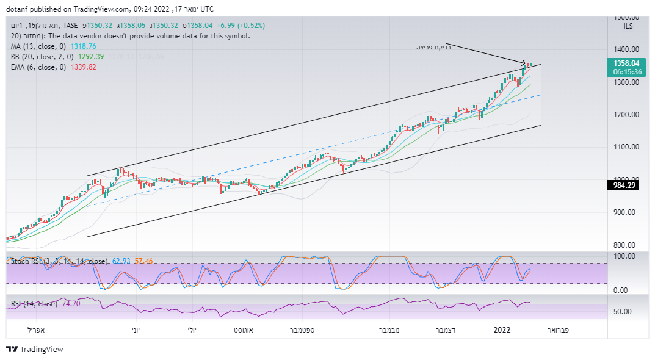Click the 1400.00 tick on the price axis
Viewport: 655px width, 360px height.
626,49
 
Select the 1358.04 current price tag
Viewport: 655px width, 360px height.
626,63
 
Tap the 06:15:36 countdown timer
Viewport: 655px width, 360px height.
626,71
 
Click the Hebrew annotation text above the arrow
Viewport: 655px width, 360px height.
433,48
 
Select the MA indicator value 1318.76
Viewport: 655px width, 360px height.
84,46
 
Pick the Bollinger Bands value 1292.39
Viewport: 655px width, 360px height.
91,56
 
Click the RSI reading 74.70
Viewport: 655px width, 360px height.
71,303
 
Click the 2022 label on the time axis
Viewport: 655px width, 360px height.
502,330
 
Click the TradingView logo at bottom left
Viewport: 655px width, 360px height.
35,349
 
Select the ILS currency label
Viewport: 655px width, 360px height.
627,26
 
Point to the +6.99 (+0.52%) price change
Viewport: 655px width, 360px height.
243,26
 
